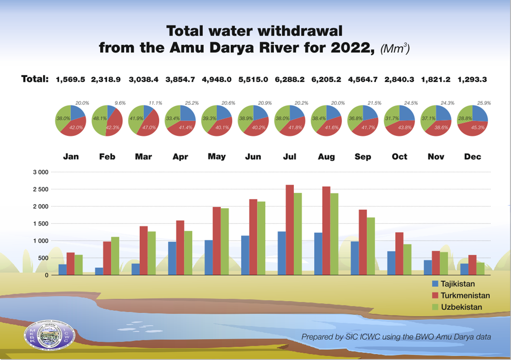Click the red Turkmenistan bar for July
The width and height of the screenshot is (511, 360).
point(290,230)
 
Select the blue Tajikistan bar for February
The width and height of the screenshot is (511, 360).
point(99,271)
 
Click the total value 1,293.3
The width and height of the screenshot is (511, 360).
point(473,79)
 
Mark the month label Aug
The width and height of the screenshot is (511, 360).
point(326,157)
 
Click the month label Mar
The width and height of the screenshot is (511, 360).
point(144,157)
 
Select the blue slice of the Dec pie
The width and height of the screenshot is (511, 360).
point(479,114)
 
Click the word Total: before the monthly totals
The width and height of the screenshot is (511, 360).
point(34,79)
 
